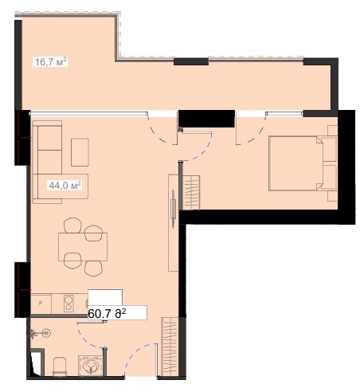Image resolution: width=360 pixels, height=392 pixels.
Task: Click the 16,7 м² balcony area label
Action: [51, 62]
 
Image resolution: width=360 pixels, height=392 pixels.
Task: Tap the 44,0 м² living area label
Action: [65, 185]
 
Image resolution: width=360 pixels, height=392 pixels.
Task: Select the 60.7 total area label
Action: [107, 314]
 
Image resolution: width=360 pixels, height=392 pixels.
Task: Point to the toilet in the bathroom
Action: [60, 367]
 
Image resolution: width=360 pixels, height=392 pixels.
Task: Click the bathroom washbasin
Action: [90, 366]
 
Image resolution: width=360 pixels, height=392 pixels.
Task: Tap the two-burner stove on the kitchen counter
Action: [68, 304]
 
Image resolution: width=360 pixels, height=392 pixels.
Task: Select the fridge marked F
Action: [41, 304]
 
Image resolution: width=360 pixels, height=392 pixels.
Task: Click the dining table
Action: [83, 247]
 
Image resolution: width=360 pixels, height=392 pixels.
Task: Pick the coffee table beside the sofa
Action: [80, 152]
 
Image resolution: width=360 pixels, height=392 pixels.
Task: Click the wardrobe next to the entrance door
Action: [170, 347]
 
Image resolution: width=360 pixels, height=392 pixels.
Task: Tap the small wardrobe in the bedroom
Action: [191, 193]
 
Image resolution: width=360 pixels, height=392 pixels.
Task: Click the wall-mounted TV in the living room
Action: [173, 209]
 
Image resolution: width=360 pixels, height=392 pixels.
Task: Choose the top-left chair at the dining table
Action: [72, 225]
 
